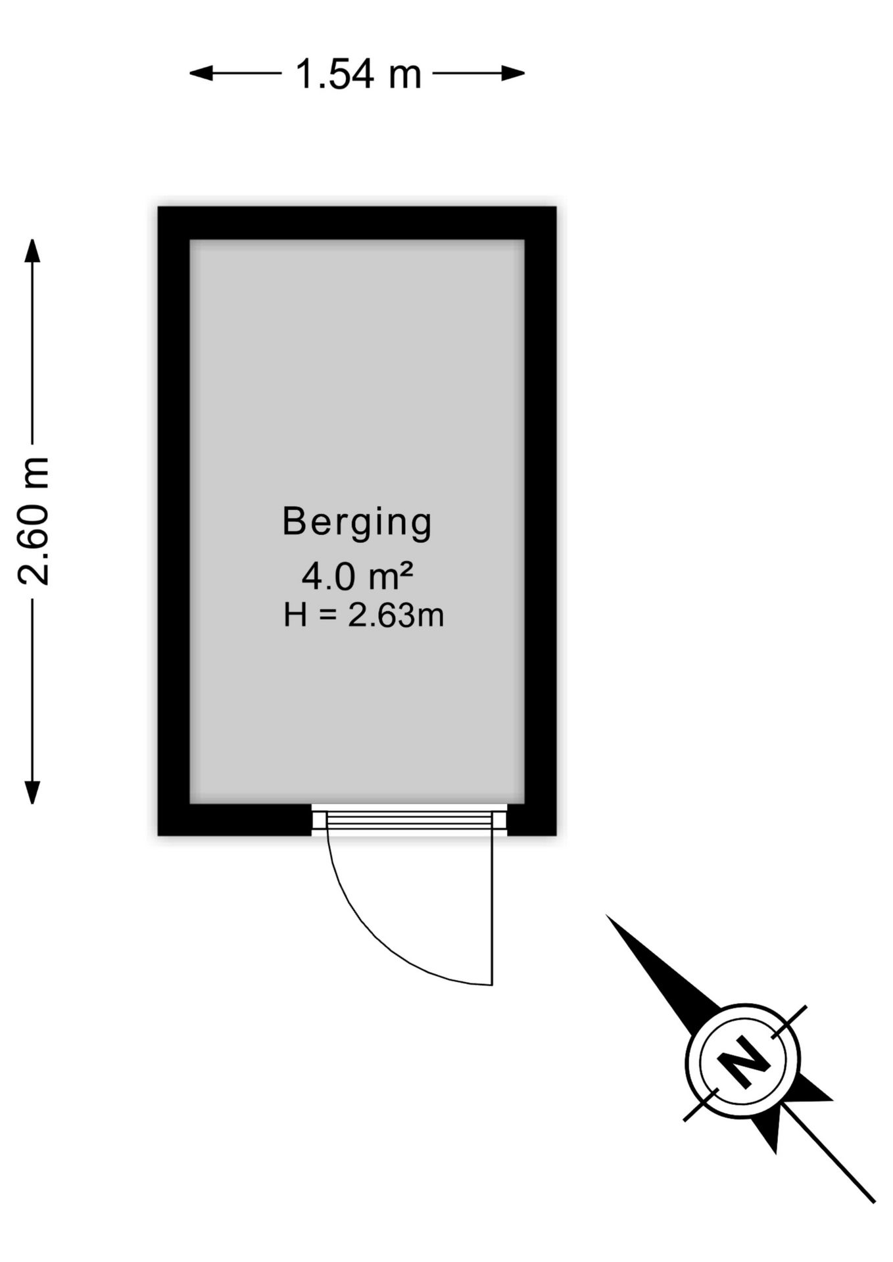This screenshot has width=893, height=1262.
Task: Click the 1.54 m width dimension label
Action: [x=358, y=74]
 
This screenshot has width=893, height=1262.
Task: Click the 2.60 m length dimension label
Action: [x=33, y=521]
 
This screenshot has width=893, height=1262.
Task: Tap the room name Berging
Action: [x=357, y=523]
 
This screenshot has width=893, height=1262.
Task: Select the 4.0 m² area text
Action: [x=357, y=576]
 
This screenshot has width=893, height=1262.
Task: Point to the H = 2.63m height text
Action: [x=364, y=616]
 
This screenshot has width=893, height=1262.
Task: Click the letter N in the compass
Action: [x=743, y=1062]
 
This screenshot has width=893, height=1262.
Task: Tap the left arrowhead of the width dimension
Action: [x=202, y=73]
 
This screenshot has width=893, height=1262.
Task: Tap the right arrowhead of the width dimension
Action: [x=512, y=73]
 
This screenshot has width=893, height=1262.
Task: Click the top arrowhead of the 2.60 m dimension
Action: [x=32, y=251]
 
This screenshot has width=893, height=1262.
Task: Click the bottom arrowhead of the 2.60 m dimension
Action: [x=32, y=792]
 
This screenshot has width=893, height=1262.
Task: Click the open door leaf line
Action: [x=492, y=907]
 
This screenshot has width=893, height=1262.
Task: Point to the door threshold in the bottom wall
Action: [x=409, y=819]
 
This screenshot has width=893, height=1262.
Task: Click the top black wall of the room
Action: [x=357, y=223]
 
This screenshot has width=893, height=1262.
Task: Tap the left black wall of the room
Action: [x=174, y=521]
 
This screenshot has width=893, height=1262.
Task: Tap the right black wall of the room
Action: [x=541, y=521]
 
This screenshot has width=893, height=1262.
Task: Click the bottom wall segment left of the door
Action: [x=235, y=820]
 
